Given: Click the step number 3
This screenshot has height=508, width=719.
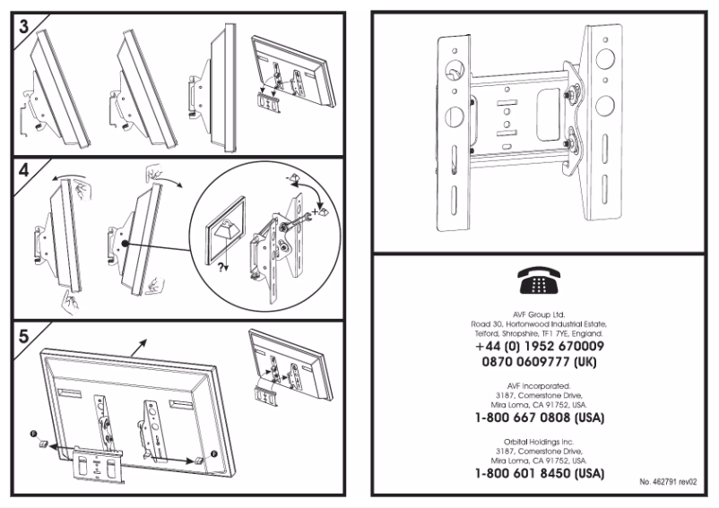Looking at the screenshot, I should [x=22, y=25].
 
